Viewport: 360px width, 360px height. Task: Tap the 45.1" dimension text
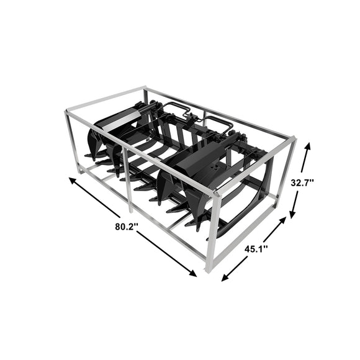pos(256,249)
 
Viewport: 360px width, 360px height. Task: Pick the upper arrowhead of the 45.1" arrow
pos(287,217)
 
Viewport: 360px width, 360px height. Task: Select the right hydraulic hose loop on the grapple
pos(220,124)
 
